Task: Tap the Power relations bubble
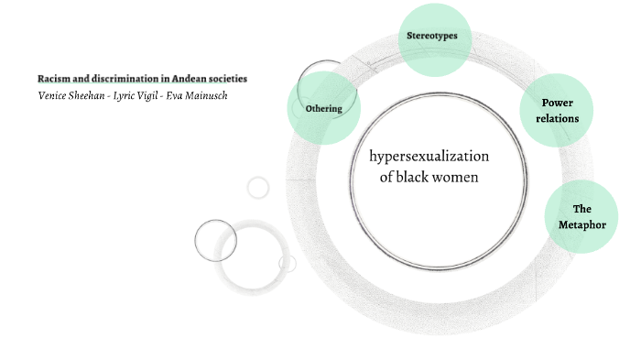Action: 557,110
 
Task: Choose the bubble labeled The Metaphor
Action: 581,216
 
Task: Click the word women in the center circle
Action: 460,177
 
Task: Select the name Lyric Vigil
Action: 136,95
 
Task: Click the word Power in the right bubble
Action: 557,103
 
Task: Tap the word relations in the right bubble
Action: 557,118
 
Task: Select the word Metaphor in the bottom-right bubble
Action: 581,224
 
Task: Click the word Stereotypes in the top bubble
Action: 431,37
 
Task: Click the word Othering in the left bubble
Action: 323,108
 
